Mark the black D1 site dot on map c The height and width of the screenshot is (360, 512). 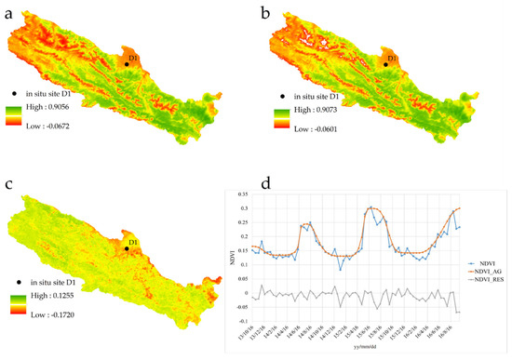tap(128, 248)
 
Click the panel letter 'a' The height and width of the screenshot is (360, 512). tap(9, 12)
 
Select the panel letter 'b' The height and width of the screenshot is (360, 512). tap(266, 12)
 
